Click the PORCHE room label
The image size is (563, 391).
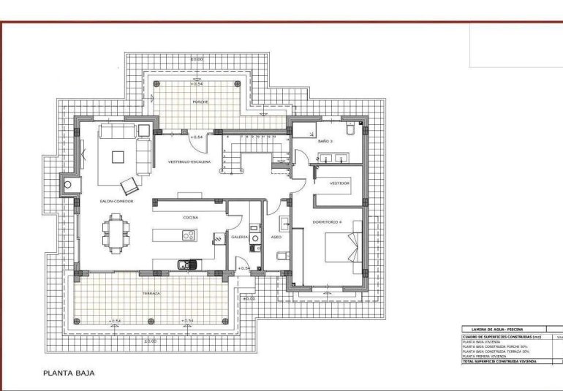click(x=200, y=102)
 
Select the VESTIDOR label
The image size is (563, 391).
click(x=339, y=183)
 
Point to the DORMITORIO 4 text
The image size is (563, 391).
click(x=328, y=221)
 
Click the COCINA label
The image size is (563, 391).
click(x=192, y=217)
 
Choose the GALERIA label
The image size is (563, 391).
click(x=240, y=237)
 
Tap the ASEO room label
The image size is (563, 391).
click(x=276, y=237)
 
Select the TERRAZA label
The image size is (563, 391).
click(x=151, y=293)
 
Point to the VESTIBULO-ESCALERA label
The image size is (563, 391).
click(x=189, y=161)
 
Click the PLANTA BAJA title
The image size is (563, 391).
click(x=69, y=372)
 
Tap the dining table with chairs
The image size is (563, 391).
click(x=116, y=232)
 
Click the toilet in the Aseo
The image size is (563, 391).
click(x=281, y=257)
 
